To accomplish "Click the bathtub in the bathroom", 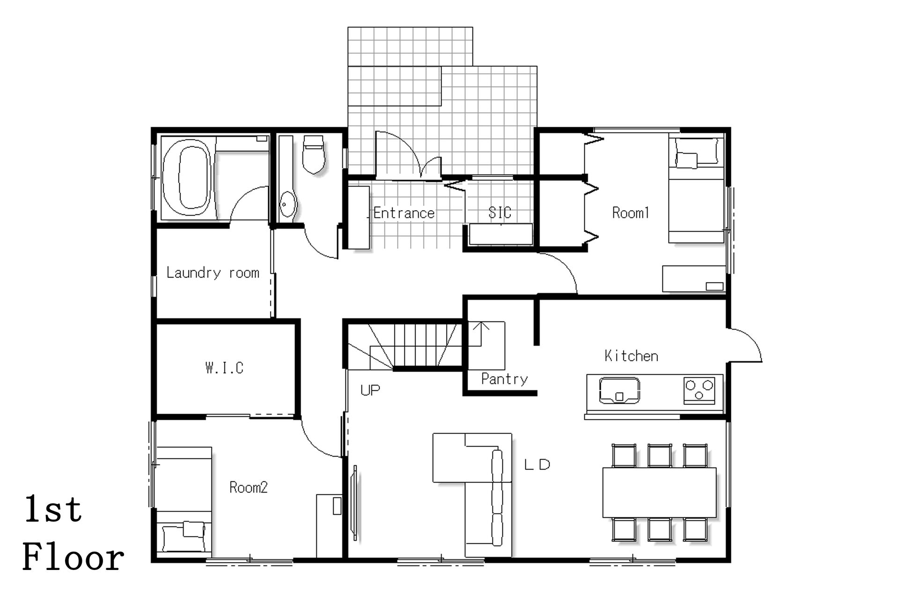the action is (x=187, y=178).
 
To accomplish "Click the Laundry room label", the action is (x=213, y=273).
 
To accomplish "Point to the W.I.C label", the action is (x=224, y=368).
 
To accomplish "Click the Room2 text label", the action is (x=249, y=488).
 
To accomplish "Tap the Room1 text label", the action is (x=631, y=213).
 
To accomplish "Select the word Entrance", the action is (x=404, y=213).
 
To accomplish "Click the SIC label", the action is (x=500, y=213).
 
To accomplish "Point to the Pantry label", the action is (x=504, y=379).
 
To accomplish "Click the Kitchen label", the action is (x=631, y=356).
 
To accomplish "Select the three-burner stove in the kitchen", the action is (x=700, y=390).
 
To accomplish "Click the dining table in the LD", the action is (x=659, y=492).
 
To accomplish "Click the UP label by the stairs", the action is (x=370, y=390).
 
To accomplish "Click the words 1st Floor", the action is (x=73, y=533).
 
